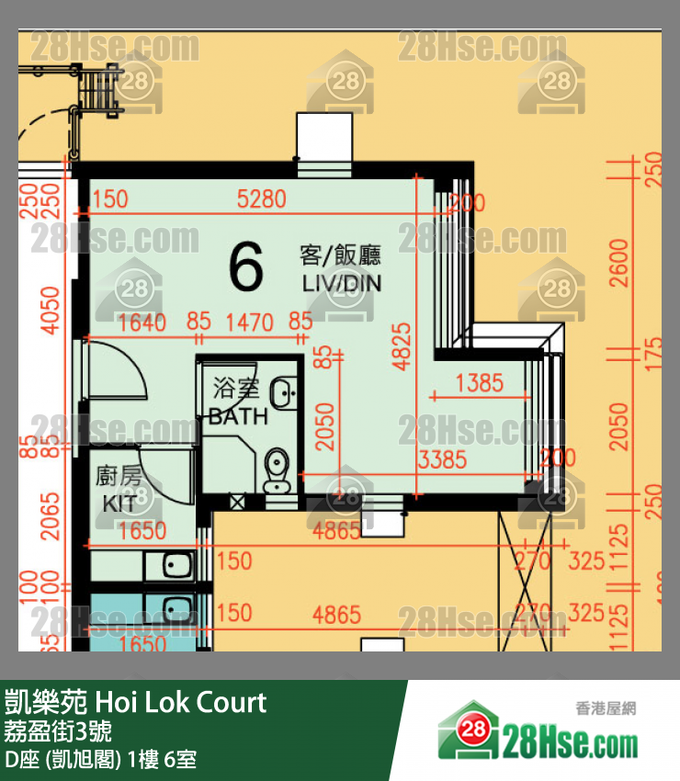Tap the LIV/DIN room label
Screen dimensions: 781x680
(x=341, y=283)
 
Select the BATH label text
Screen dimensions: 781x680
(x=238, y=415)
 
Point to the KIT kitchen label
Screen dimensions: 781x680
(x=119, y=504)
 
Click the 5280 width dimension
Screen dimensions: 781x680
(x=261, y=198)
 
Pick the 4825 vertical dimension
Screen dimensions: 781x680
(x=401, y=345)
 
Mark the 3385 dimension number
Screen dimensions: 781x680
(x=442, y=459)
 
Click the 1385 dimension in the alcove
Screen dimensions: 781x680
(x=479, y=382)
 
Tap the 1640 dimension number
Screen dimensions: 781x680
(x=142, y=323)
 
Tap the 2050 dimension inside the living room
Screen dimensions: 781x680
(x=324, y=425)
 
